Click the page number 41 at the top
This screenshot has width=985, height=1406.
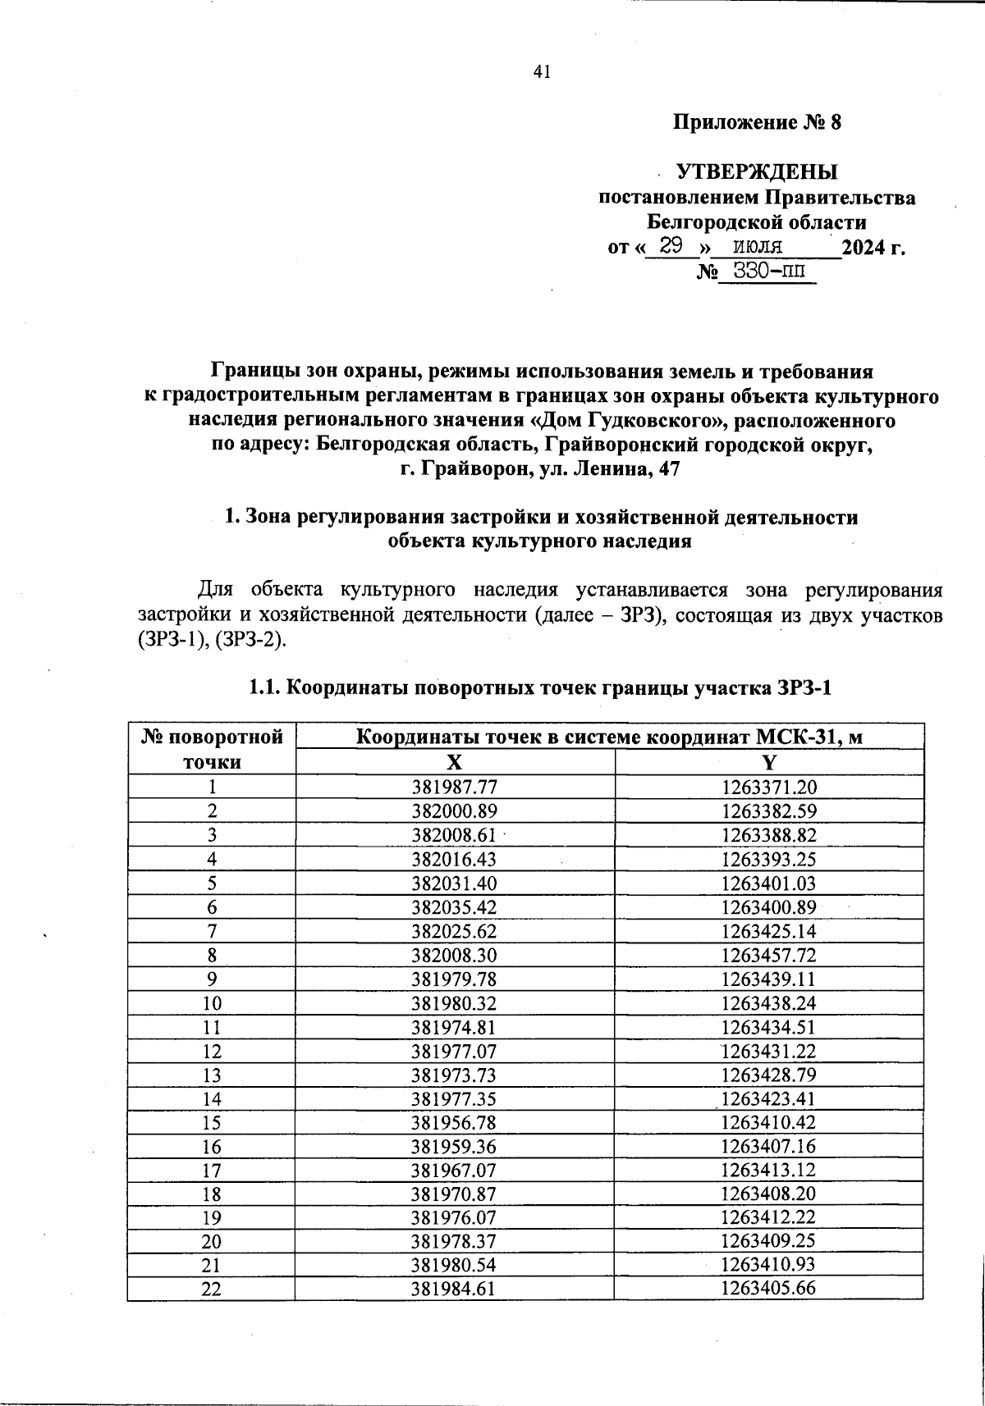541,72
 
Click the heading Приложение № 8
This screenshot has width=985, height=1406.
757,123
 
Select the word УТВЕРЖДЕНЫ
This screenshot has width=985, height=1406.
757,172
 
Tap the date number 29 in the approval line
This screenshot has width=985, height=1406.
671,246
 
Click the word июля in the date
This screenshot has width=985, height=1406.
758,246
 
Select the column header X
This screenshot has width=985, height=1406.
454,762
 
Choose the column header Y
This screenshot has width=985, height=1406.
769,762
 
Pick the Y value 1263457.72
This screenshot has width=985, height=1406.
769,956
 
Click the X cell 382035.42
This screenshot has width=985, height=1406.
455,907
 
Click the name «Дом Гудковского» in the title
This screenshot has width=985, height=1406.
625,422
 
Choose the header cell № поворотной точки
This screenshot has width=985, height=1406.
212,749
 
